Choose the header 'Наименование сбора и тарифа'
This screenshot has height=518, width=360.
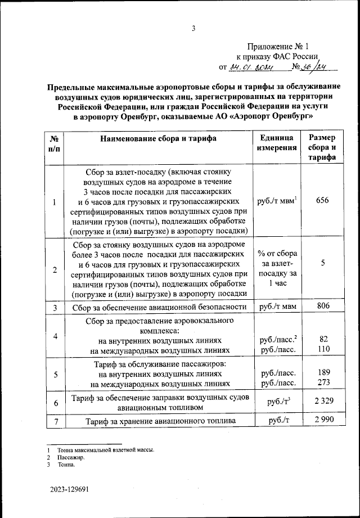coord(158,138)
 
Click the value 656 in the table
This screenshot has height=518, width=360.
coord(322,201)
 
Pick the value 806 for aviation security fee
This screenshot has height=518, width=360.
coord(322,307)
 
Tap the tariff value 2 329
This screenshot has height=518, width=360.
coord(322,403)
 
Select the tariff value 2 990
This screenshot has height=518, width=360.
coord(322,421)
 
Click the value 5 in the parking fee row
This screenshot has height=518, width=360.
coord(322,262)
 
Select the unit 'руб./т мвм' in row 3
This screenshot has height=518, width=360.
coord(277,307)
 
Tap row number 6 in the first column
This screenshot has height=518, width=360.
coord(55,403)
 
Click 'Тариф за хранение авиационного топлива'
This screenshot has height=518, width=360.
coord(158,421)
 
